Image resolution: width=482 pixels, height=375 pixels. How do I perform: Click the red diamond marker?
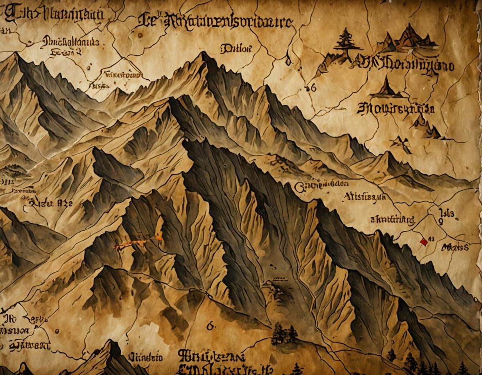pos(423,242)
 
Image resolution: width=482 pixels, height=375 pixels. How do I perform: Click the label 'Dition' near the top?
pos(236,49)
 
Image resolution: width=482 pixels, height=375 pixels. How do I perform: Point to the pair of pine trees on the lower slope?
pos(284,334)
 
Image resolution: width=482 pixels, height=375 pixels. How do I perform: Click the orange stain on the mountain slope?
pos(136,244)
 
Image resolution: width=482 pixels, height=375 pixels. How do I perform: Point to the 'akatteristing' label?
pos(392,219)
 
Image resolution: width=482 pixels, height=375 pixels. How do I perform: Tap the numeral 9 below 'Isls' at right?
pos(440,223)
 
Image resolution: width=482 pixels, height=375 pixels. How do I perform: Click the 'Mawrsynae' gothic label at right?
pos(395,110)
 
